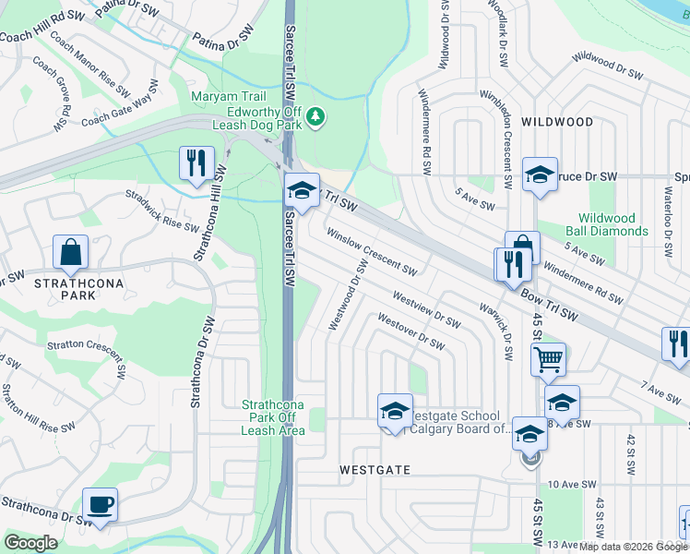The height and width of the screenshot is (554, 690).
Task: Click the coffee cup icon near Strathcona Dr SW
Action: coord(100,504)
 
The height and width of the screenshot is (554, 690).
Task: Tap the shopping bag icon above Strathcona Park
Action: coord(70,252)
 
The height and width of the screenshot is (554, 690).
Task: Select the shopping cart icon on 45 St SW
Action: coord(548,357)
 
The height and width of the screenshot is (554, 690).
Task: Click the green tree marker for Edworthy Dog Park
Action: coord(316,115)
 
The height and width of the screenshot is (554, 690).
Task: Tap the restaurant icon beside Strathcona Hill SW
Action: coord(196,163)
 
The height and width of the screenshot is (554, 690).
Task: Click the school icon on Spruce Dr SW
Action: coord(540,174)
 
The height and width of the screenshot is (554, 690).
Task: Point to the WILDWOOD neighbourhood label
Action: coord(557,122)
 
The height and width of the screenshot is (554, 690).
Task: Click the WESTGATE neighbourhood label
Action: coord(375,469)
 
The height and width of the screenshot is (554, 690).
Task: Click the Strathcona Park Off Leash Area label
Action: coord(273,417)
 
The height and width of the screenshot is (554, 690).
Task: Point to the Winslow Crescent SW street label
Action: coord(371,252)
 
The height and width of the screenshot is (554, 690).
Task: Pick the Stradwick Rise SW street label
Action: coord(162,211)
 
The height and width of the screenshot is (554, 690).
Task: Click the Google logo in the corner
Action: coord(30,543)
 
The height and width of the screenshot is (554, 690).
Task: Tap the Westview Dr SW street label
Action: coord(425,309)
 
